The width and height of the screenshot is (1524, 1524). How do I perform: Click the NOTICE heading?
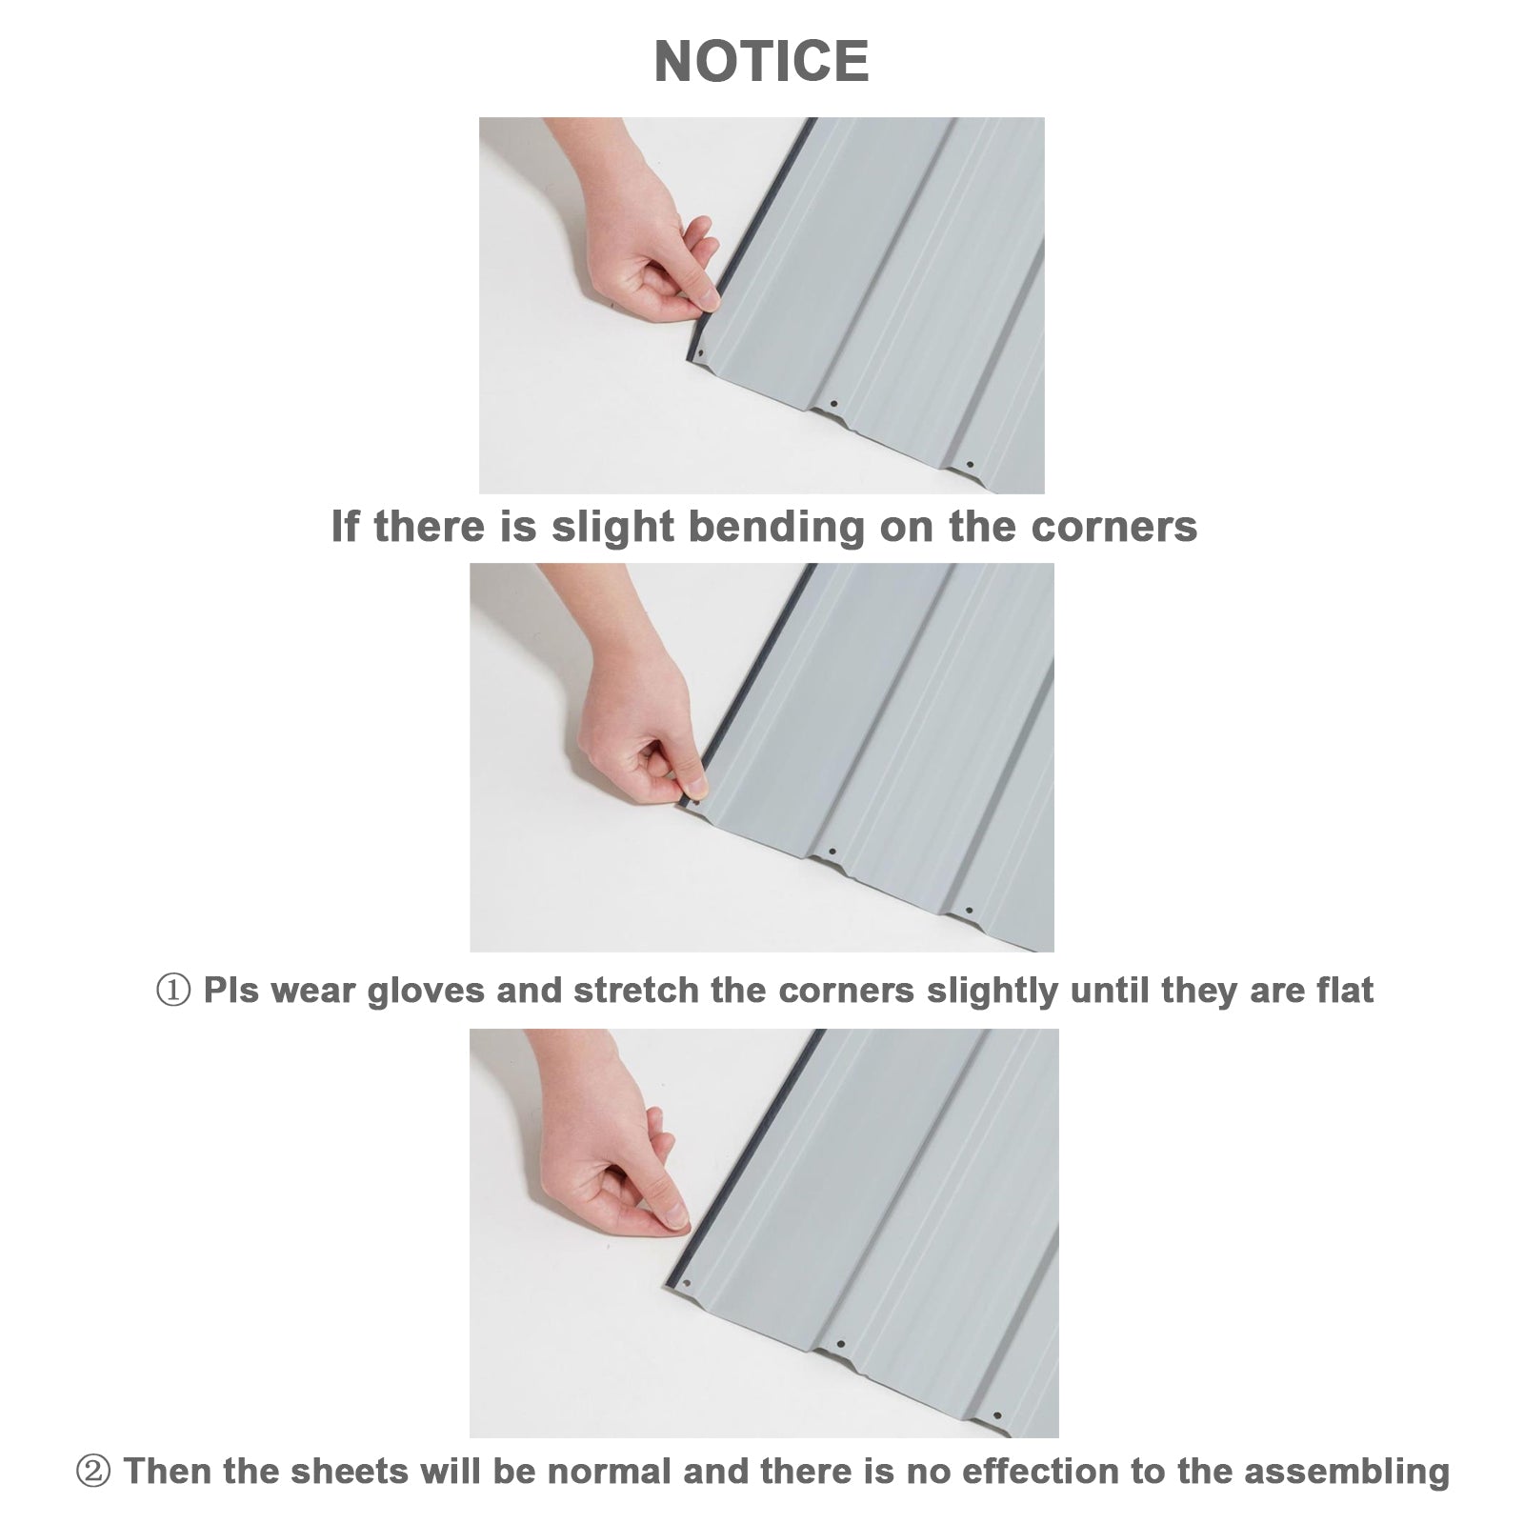click(x=761, y=62)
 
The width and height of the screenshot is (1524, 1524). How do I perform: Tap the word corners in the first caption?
click(x=1113, y=527)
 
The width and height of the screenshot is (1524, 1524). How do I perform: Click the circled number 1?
click(x=172, y=992)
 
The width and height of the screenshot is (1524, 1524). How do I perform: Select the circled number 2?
click(x=92, y=1472)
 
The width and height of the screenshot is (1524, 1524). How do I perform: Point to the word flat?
click(x=1343, y=991)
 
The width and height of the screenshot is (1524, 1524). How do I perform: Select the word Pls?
click(x=231, y=991)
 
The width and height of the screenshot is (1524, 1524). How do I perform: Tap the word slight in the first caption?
click(x=615, y=527)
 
